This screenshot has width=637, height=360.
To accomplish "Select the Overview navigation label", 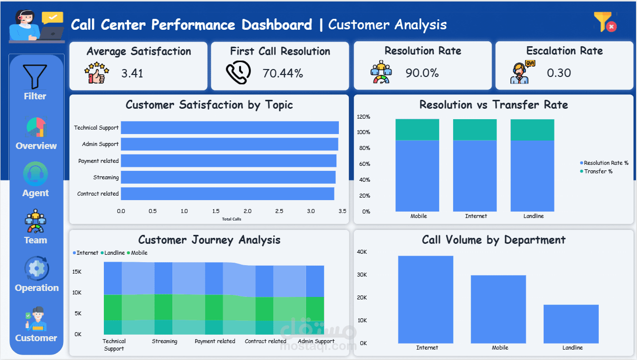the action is click(x=36, y=146).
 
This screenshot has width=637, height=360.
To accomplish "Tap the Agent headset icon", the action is click(x=36, y=174).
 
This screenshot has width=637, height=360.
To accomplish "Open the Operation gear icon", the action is click(x=37, y=269).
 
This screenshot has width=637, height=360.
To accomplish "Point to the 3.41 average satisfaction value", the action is click(x=132, y=73).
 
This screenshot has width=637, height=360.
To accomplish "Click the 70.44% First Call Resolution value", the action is click(x=283, y=73).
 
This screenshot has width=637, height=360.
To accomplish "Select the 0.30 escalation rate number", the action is click(x=559, y=73).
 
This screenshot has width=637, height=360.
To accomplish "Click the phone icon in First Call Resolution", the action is click(x=239, y=72).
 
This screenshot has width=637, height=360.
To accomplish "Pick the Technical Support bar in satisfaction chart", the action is click(x=230, y=128).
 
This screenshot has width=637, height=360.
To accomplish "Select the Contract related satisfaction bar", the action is click(x=228, y=194).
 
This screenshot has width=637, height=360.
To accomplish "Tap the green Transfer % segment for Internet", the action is click(x=475, y=130).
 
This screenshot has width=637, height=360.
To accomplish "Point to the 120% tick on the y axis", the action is click(x=363, y=117).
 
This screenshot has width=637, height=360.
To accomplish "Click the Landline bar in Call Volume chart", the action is click(x=571, y=324).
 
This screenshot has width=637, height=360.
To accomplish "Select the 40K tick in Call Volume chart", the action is click(x=362, y=252).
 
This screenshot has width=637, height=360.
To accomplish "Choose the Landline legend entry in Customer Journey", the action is click(x=113, y=253).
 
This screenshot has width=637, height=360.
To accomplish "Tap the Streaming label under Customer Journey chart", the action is click(x=164, y=341).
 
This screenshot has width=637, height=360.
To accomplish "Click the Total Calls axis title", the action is click(x=232, y=219).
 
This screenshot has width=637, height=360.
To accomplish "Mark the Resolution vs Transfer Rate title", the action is click(x=494, y=105).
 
